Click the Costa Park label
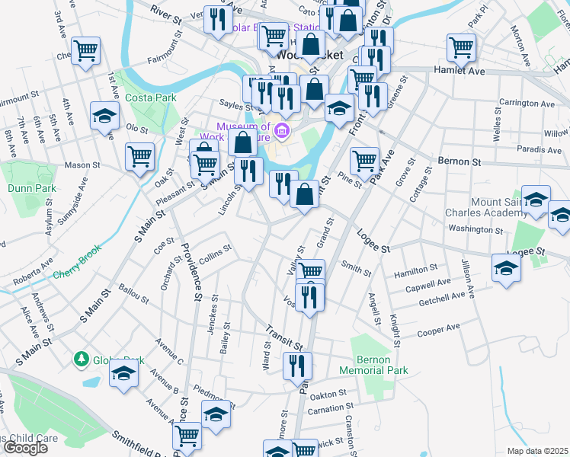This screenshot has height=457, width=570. coord(151,97)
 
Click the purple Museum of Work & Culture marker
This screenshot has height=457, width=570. coord(283,132)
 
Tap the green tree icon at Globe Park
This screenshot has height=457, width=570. coord(81,358)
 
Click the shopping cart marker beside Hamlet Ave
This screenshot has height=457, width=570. coord(462,47)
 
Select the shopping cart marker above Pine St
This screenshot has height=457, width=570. coord(365,160)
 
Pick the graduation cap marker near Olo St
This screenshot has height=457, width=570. coord(104,116)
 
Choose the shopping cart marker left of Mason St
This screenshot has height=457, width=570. coord(139,158)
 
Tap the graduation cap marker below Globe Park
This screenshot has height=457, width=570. coord(123,376)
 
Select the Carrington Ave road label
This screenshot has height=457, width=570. coord(527,103)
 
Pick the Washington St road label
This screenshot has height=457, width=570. coord(476,228)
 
